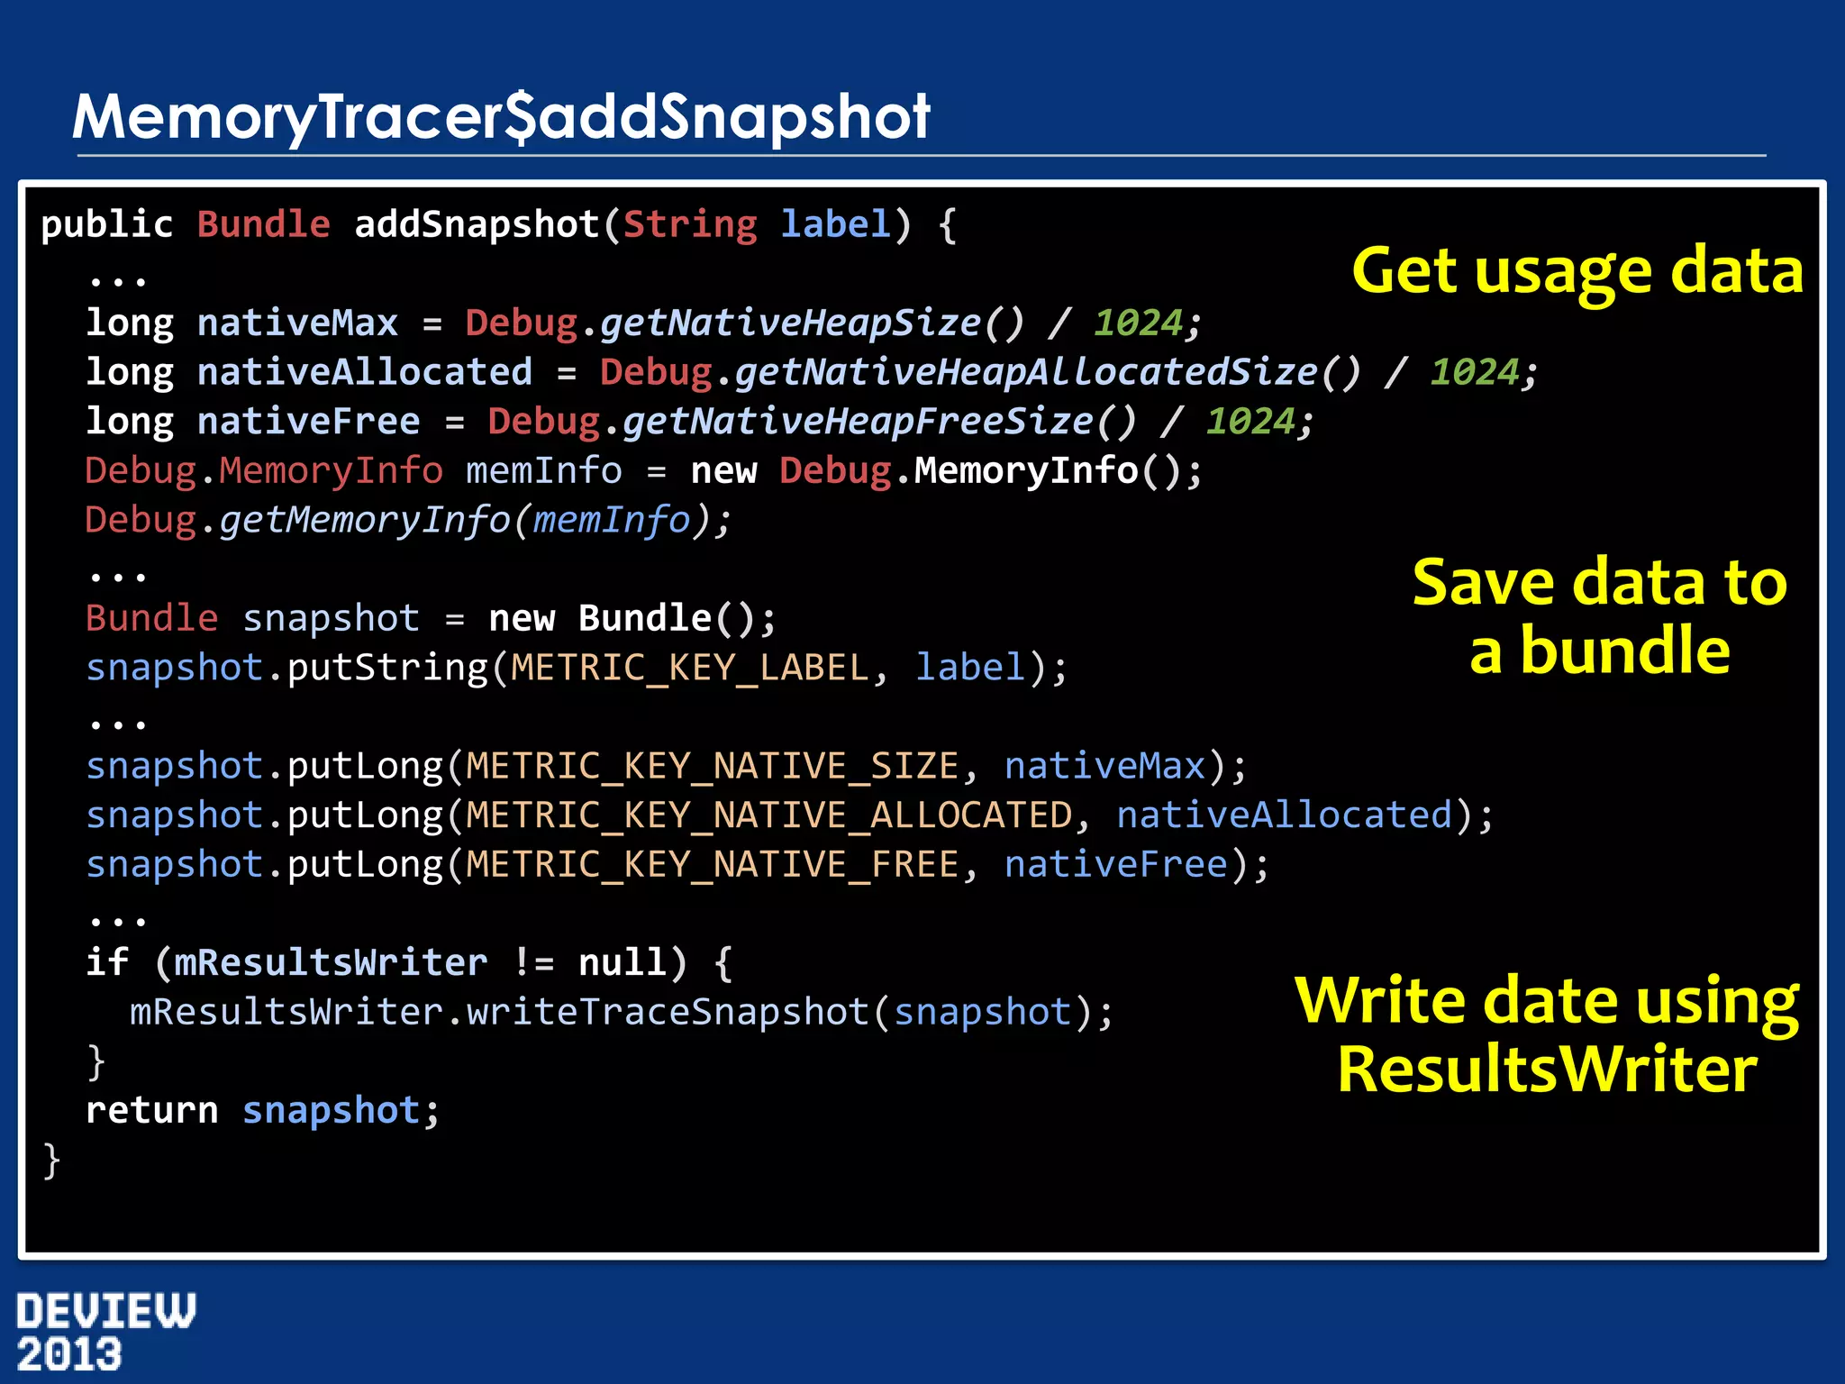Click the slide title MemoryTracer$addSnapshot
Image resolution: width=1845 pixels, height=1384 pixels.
point(501,117)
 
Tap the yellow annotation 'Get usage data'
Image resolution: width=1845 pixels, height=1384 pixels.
point(1577,270)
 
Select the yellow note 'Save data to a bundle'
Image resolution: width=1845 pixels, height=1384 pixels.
point(1599,616)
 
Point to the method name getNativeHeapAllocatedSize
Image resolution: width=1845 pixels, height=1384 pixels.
point(1025,372)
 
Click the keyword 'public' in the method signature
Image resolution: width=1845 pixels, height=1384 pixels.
point(106,224)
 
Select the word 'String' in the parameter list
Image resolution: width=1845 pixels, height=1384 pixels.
point(689,224)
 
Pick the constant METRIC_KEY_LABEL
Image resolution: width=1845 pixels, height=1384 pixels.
point(689,668)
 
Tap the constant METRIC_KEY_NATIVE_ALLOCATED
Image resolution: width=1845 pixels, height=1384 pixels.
point(768,815)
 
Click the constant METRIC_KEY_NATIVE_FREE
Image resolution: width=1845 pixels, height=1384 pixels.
point(712,865)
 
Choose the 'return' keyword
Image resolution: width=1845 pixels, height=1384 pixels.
point(151,1111)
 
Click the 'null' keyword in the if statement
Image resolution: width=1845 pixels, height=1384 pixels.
point(622,962)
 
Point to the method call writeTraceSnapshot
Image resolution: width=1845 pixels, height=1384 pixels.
point(667,1012)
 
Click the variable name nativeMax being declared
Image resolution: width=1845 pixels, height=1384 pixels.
point(297,323)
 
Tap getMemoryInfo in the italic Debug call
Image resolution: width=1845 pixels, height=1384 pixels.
point(364,520)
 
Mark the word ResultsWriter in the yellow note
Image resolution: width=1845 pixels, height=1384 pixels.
point(1546,1070)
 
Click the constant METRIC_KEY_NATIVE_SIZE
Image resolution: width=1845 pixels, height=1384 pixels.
point(712,766)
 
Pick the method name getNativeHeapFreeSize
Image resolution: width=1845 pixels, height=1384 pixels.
point(857,422)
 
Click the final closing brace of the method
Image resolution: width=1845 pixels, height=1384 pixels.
point(51,1161)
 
